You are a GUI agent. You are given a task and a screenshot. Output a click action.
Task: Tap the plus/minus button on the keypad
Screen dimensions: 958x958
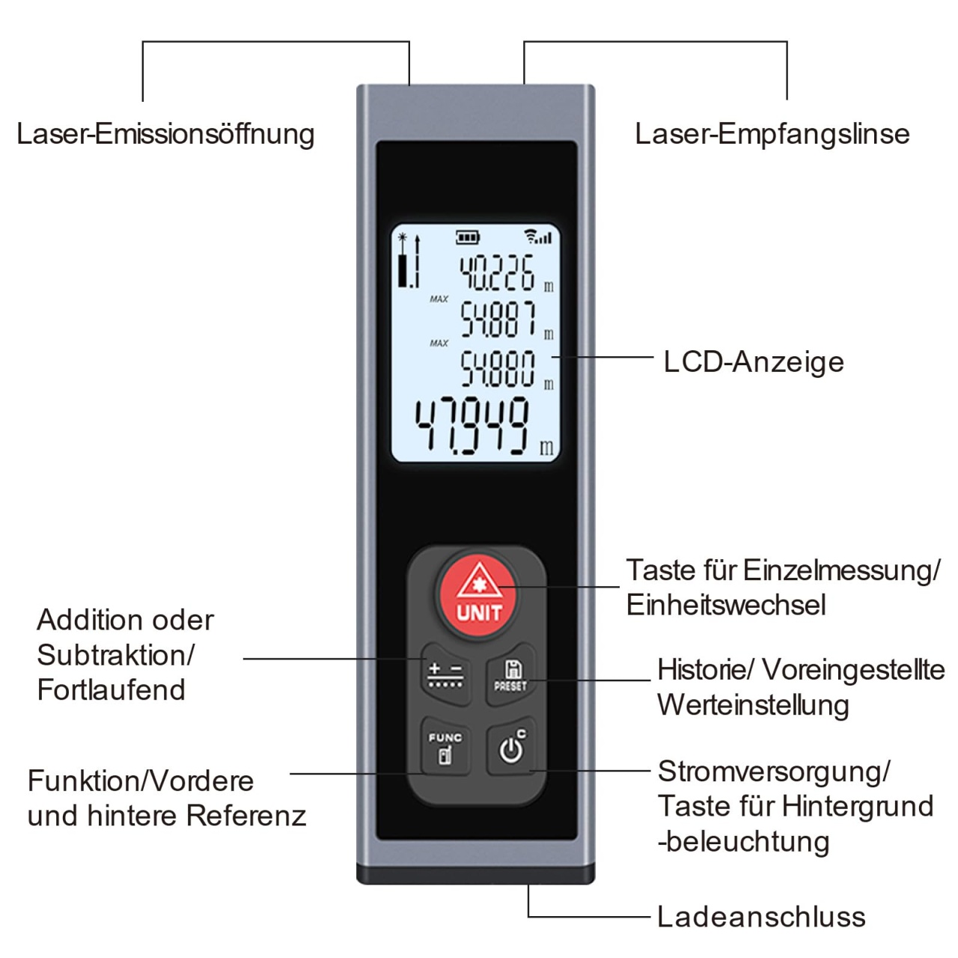[x=446, y=674]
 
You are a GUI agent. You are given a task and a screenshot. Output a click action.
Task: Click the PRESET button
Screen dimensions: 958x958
[x=510, y=674]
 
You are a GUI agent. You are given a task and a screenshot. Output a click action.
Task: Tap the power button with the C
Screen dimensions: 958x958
[x=511, y=745]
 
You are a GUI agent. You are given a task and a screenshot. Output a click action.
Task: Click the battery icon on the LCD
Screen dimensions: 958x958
[x=467, y=238]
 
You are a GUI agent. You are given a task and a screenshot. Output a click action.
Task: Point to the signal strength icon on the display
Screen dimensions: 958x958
[x=538, y=237]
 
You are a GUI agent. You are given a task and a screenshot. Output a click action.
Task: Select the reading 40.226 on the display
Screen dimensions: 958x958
[x=496, y=272]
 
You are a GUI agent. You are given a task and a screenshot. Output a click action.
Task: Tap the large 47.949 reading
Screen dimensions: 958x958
[x=472, y=426]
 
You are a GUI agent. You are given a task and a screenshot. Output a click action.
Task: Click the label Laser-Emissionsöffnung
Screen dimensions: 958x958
[x=165, y=134]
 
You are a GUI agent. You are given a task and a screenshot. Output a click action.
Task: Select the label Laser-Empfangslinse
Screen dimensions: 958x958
[x=772, y=134]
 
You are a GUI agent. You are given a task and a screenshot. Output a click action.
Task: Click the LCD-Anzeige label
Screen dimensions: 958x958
[x=754, y=361]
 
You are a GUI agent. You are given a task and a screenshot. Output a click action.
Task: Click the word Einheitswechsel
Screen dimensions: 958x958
[x=726, y=605]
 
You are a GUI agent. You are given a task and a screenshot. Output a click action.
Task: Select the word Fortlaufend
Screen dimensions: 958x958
[x=111, y=689]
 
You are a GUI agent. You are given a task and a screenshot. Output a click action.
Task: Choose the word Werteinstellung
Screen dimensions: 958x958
[x=753, y=704]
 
